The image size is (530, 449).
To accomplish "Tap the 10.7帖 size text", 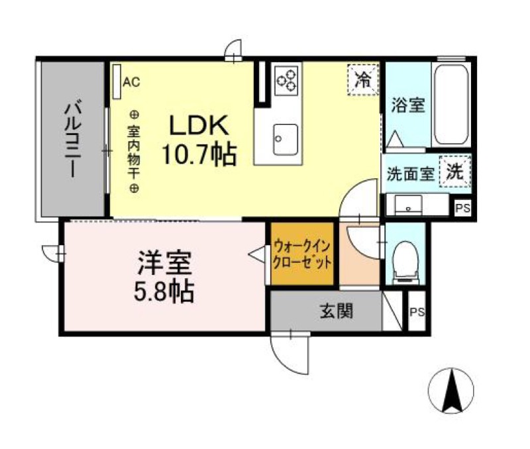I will (x=198, y=156).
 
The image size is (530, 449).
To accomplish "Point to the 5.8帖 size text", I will (x=165, y=291).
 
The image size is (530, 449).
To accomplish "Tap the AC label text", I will (x=131, y=82).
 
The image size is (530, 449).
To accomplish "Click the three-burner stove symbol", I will (x=287, y=79).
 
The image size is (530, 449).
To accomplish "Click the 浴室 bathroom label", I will (x=407, y=105).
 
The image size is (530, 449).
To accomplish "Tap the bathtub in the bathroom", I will (x=451, y=106).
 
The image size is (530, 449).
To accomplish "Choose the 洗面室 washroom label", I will (x=410, y=175).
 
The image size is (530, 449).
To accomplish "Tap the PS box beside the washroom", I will (x=462, y=208).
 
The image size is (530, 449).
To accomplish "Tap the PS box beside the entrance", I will (x=417, y=312).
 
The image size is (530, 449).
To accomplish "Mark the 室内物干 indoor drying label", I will (x=133, y=151).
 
